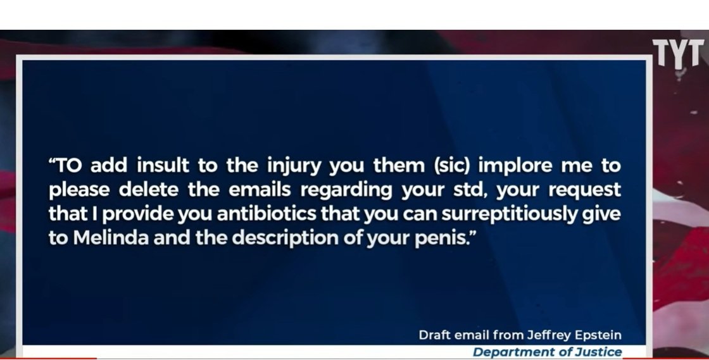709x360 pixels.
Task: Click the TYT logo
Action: [678, 53]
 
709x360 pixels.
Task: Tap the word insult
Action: [163, 165]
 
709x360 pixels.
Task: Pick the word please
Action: [79, 190]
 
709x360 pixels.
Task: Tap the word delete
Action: [148, 190]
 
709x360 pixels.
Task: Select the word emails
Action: [260, 190]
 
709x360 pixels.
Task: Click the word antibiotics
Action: [267, 214]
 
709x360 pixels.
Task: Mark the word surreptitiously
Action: [510, 214]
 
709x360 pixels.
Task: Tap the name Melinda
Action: [111, 238]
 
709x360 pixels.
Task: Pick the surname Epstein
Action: [598, 335]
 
